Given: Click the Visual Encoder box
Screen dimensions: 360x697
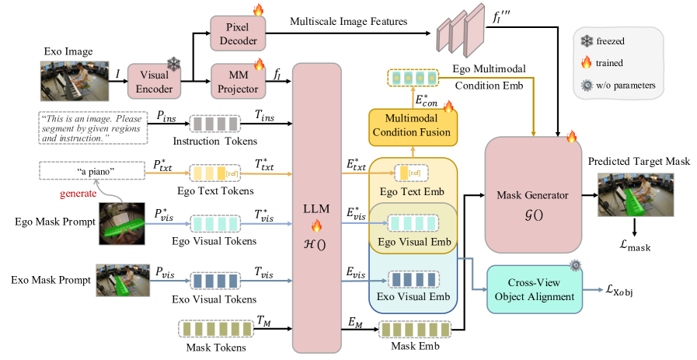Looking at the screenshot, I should click(x=155, y=80).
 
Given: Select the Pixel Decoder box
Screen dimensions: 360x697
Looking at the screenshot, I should click(x=239, y=33).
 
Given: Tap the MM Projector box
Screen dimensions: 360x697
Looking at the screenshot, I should click(x=239, y=79).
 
